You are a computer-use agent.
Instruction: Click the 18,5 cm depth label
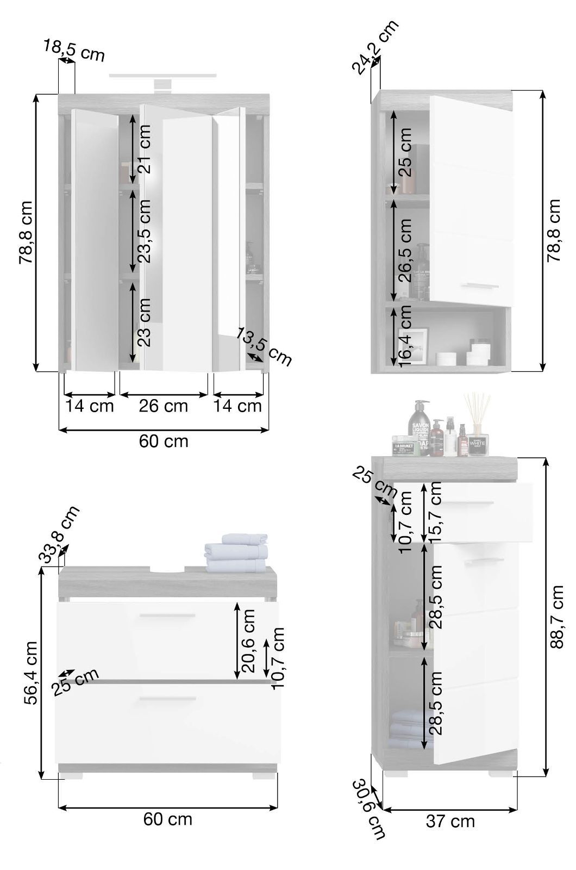(x=74, y=49)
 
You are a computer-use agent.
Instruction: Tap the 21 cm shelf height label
(x=144, y=149)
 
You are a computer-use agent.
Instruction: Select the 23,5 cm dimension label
(x=144, y=231)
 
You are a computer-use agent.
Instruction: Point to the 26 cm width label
(x=164, y=406)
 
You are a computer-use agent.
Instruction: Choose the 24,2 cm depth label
(x=375, y=47)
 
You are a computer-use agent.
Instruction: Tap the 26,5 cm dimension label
(x=405, y=250)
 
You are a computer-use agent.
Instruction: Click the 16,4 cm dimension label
(x=405, y=335)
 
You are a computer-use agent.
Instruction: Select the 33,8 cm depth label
(x=59, y=535)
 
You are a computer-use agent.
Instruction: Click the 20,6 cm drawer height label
(x=248, y=641)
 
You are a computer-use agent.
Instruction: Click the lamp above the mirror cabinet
(x=163, y=80)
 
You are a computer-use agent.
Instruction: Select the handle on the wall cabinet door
(x=480, y=286)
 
